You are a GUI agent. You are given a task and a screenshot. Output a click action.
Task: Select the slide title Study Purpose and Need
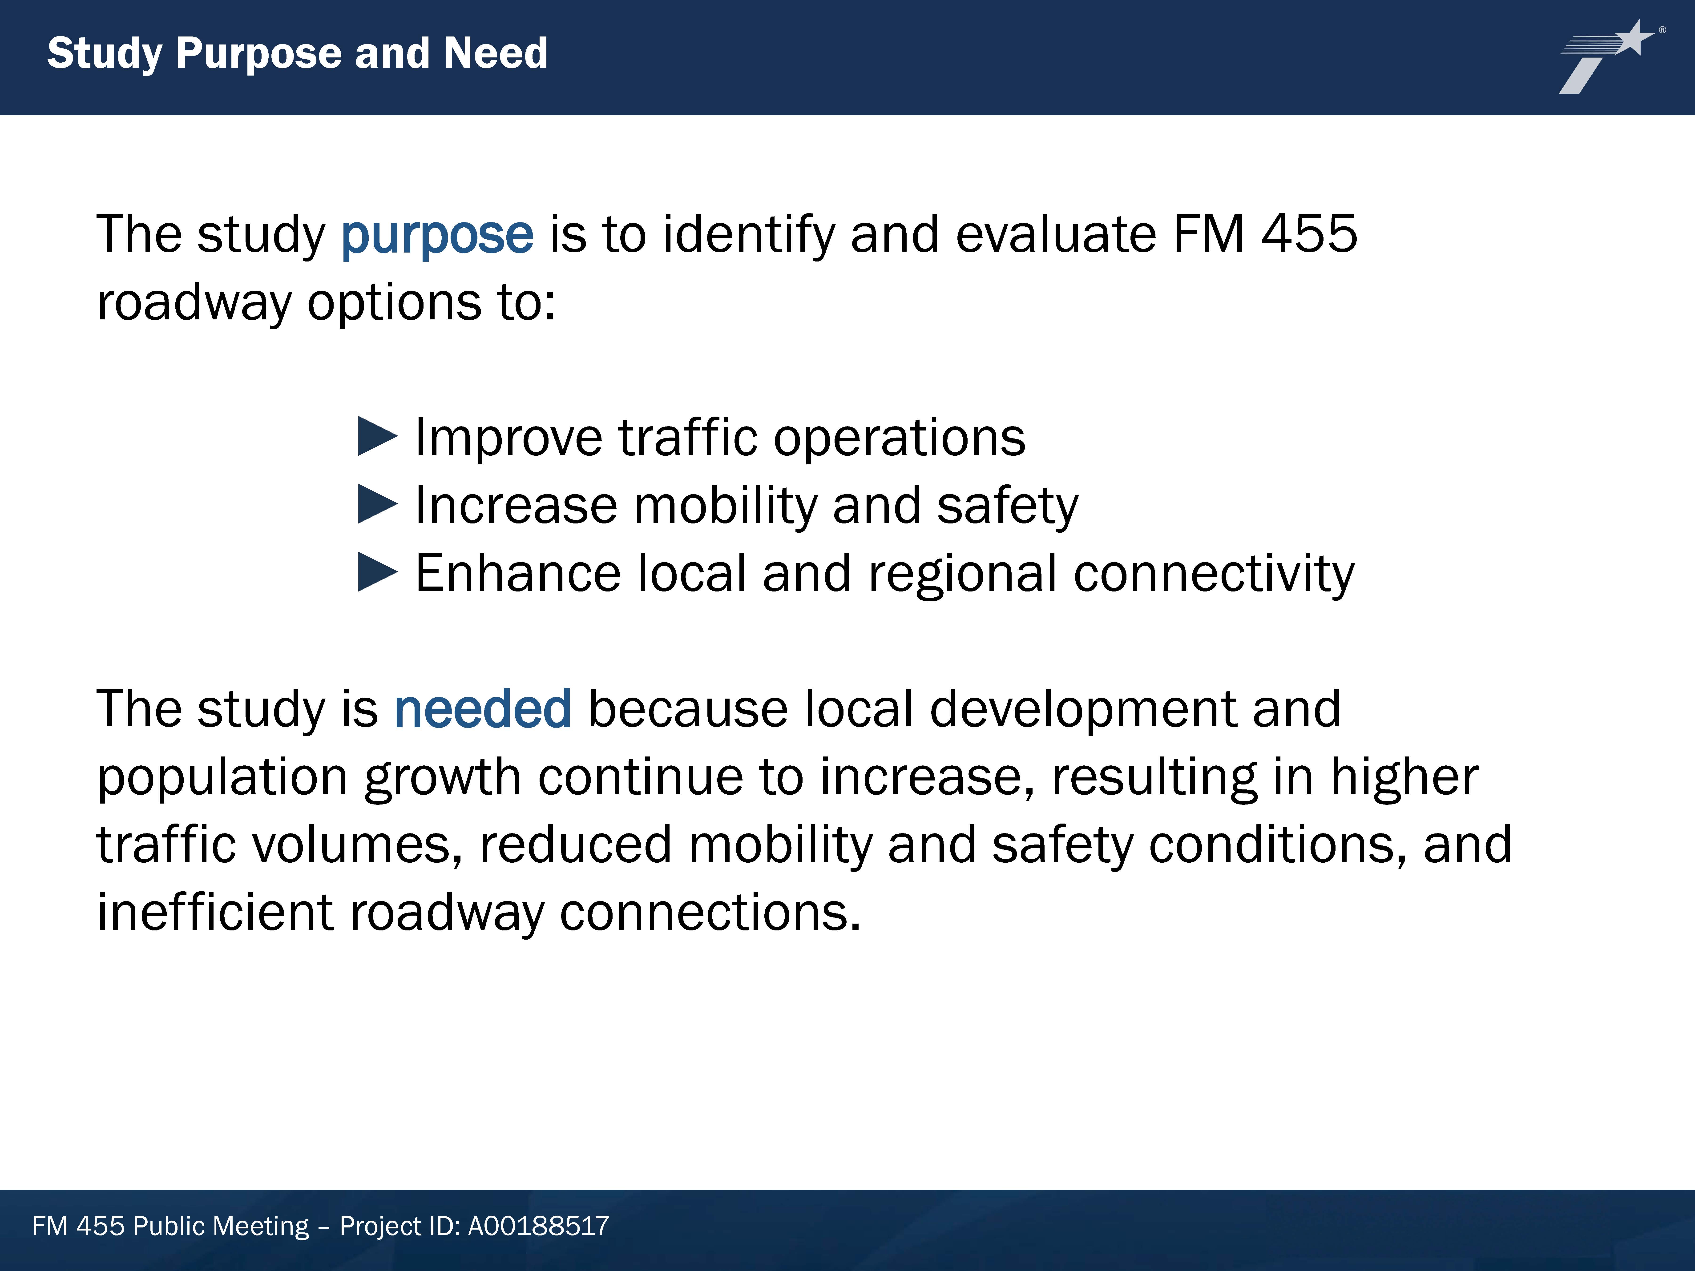click(x=297, y=54)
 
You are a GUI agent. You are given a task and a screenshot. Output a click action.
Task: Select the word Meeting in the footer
click(x=261, y=1227)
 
